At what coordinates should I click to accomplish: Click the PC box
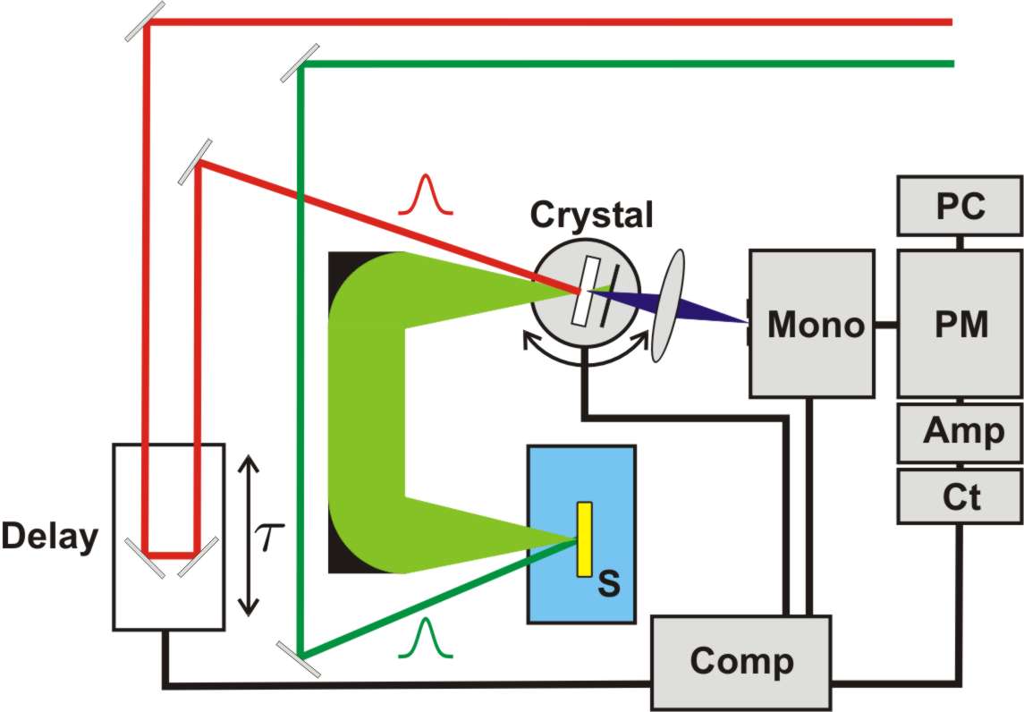coord(960,207)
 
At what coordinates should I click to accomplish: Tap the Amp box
coord(960,433)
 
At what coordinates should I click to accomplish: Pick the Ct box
coord(960,496)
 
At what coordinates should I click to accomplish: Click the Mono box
coord(811,323)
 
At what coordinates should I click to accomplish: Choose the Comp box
coord(740,661)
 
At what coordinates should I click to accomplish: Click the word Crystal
coord(591,215)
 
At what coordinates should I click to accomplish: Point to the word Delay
coord(48,537)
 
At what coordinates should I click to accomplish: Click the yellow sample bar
coord(585,538)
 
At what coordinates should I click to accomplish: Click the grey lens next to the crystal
coord(671,305)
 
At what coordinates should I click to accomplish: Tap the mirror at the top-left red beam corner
coord(144,21)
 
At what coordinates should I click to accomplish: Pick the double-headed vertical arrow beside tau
coord(250,535)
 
